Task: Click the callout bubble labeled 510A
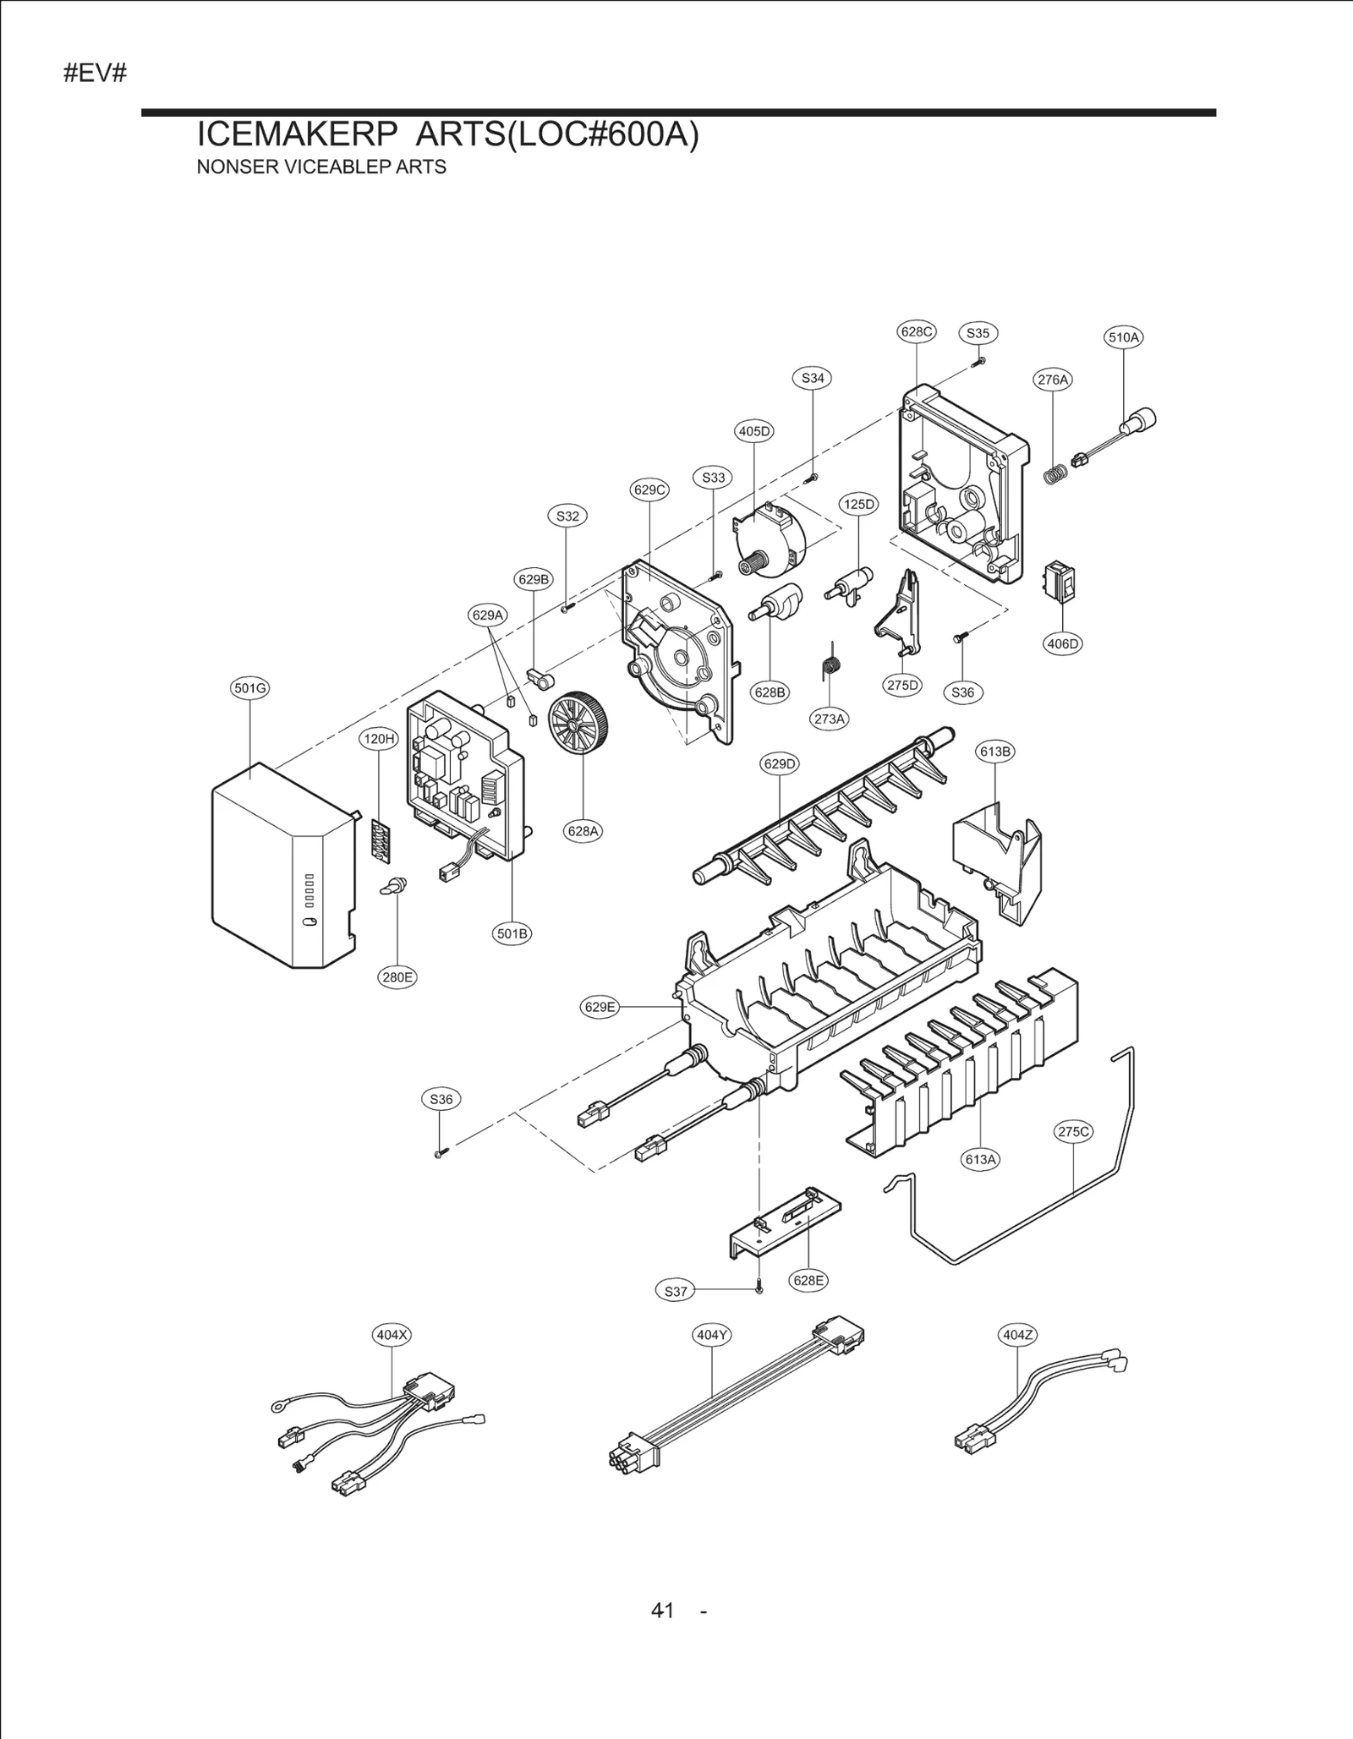pos(1124,337)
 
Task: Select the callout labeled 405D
pos(754,431)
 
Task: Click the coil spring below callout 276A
pos(1054,475)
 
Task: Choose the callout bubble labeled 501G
pos(250,688)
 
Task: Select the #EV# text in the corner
pos(95,74)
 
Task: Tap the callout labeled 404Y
pos(712,1335)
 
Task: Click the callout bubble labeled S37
pos(676,1291)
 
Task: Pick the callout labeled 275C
pos(1074,1132)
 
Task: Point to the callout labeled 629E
pos(600,1007)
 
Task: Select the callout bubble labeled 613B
pos(995,752)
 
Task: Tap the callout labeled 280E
pos(397,977)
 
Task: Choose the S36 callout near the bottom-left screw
pos(441,1099)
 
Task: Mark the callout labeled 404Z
pos(1017,1335)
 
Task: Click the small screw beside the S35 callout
pos(978,362)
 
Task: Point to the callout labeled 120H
pos(379,739)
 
